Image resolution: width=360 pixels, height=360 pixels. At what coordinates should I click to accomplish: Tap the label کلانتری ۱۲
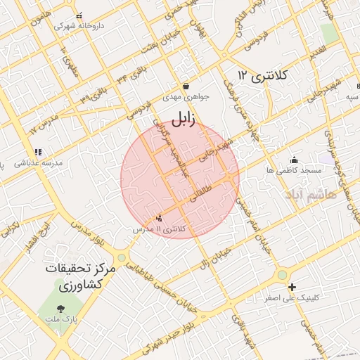point(259,75)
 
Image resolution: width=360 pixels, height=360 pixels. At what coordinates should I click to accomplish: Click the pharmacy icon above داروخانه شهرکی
point(79,15)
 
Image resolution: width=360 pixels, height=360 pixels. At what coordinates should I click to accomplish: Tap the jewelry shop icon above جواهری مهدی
point(185,85)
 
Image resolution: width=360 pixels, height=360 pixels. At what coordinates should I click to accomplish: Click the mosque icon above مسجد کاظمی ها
point(293,160)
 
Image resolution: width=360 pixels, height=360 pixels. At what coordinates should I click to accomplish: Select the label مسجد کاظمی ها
point(294,170)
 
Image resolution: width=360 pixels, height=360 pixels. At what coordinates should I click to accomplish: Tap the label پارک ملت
point(60,319)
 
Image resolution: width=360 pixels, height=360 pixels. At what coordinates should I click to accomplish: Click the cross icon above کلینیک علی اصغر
point(292,287)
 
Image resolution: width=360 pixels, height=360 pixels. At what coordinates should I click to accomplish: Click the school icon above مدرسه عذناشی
point(38,151)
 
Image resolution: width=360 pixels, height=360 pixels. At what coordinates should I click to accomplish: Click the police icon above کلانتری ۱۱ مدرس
point(160,219)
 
